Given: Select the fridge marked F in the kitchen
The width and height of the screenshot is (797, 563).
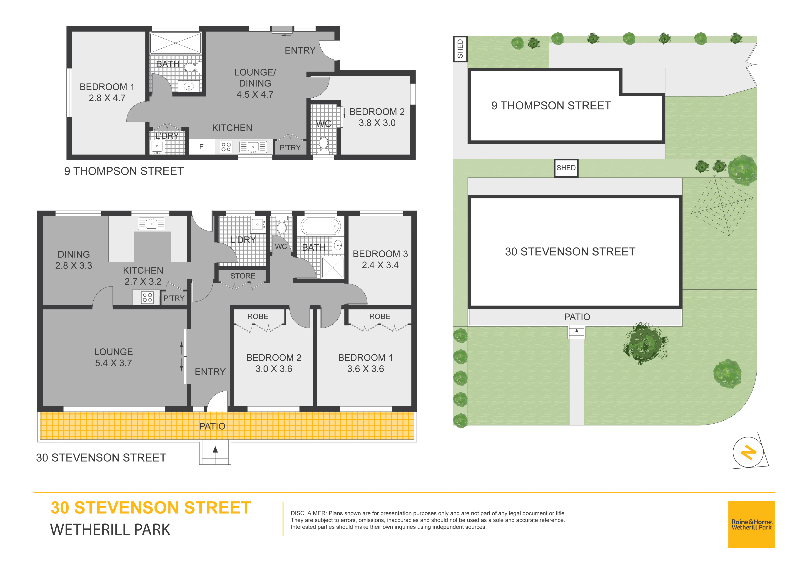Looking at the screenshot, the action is coord(201,147).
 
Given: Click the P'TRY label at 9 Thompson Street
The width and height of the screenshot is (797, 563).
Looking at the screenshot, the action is coord(290,148).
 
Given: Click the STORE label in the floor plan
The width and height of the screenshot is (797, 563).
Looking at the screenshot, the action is coord(243,276).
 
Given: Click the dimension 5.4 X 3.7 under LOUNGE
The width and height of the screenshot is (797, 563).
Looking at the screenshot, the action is coord(114,363).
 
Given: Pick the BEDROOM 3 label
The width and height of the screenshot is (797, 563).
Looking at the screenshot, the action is coord(380,254).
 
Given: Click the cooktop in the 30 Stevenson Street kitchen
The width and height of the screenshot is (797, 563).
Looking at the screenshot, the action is coord(147,297).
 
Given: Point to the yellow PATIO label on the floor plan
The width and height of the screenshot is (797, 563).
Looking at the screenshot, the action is coord(212,426).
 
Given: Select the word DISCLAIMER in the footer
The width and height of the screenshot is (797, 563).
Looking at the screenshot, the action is coord(308,513).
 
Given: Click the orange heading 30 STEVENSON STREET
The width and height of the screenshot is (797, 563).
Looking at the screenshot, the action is coord(151,508).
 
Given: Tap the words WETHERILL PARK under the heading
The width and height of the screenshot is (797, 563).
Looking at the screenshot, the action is coord(110,530).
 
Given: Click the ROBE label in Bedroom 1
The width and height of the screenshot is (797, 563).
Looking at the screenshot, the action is coord(379,316).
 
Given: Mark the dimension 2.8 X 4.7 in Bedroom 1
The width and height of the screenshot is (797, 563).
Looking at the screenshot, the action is coord(107,98).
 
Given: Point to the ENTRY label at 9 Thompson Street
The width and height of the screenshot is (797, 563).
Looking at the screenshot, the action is coord(300,51).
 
